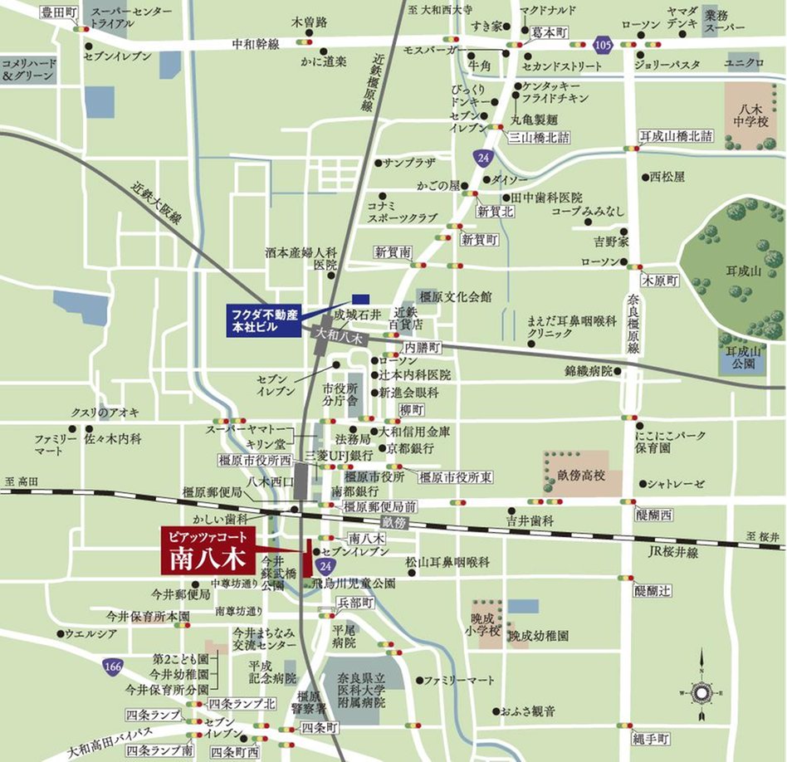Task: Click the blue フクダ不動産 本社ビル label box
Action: [262, 320]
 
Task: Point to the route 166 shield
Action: [113, 665]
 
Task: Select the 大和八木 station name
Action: [340, 338]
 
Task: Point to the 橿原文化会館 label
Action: [456, 296]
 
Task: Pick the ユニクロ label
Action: [743, 62]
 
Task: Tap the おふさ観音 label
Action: [528, 711]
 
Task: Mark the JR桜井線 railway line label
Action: [672, 552]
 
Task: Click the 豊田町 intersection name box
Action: [59, 12]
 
